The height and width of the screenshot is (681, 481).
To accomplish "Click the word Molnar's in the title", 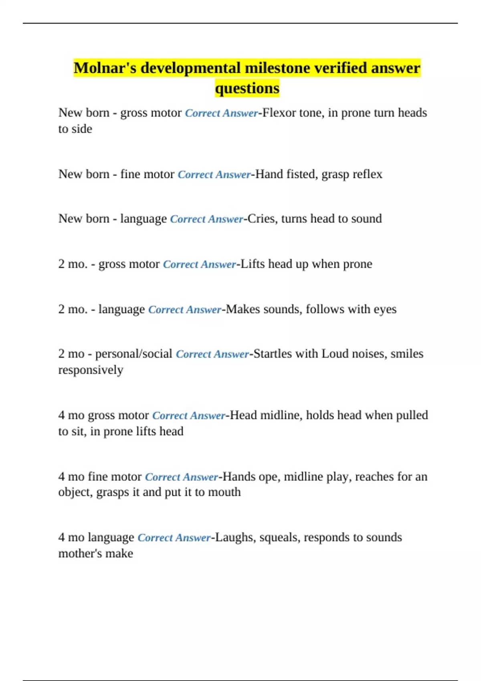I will click(x=105, y=68).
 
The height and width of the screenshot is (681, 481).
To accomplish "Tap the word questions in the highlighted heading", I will click(x=247, y=88).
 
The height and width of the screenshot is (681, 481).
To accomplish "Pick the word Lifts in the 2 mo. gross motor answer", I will click(x=253, y=264).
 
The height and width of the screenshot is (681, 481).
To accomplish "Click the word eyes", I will click(x=385, y=310).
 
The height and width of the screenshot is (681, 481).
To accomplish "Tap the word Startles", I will click(x=273, y=354).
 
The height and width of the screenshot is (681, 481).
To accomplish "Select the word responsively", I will click(x=91, y=370).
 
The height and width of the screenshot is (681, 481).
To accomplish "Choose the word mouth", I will click(x=224, y=492).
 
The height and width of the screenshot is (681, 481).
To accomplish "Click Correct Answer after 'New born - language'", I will click(x=206, y=219).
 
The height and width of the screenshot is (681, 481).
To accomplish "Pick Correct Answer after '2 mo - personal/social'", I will click(x=212, y=354).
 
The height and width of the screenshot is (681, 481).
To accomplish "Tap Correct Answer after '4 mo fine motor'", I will click(x=181, y=477).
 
